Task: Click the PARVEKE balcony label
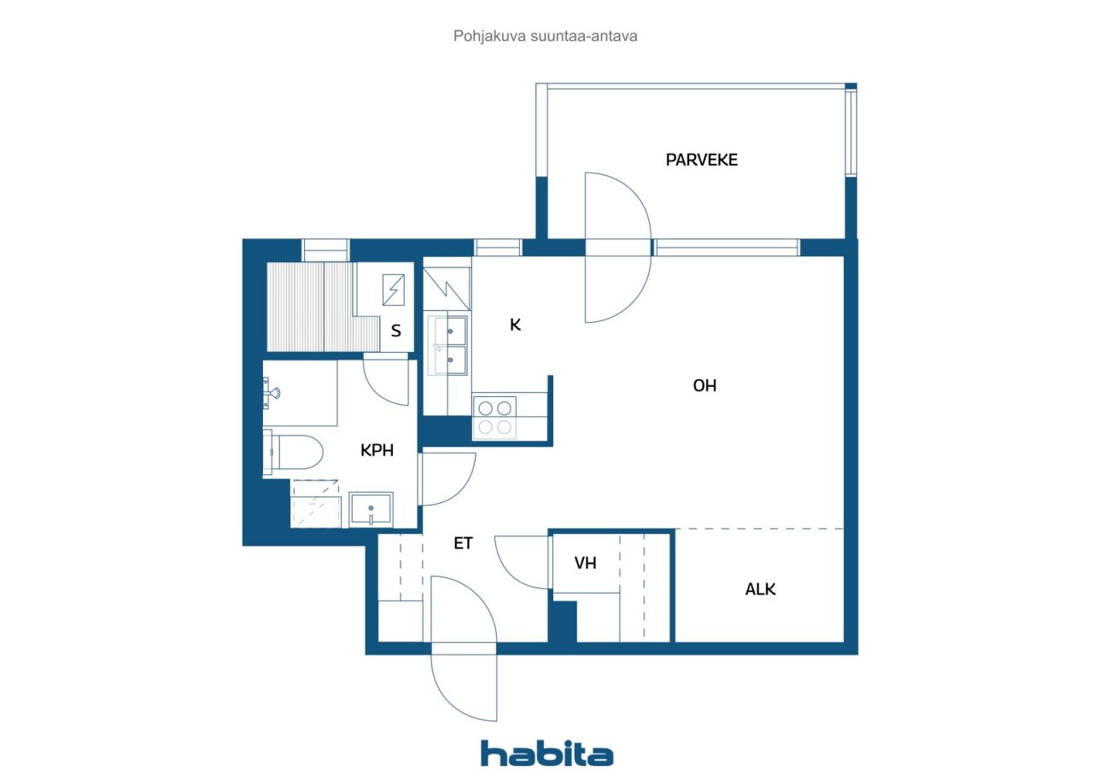point(702,160)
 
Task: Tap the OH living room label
point(704,386)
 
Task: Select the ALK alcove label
point(760,589)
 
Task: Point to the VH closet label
point(585,563)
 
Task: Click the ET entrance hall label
point(463,543)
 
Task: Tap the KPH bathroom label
point(377,450)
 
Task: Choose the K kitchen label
point(515,325)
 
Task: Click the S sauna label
point(396,331)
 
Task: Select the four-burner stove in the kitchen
point(494,417)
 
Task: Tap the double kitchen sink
point(447,346)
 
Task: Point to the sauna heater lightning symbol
point(394,290)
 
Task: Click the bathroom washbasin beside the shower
point(371,509)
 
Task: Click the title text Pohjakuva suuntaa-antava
point(545,36)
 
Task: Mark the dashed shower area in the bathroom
point(315,504)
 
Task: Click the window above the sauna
point(325,250)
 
